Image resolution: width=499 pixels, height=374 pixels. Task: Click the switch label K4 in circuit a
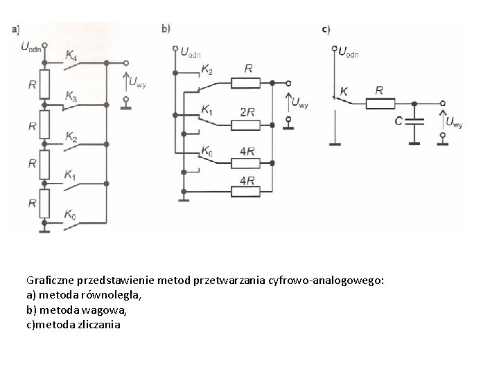pyautogui.click(x=71, y=54)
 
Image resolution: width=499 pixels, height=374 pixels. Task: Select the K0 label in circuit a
pyautogui.click(x=71, y=215)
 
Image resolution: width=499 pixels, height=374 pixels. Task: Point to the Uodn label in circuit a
pyautogui.click(x=30, y=48)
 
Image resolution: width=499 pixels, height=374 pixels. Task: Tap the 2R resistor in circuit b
pyautogui.click(x=246, y=125)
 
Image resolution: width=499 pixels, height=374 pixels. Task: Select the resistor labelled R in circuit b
pyautogui.click(x=246, y=82)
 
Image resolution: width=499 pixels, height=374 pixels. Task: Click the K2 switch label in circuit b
pyautogui.click(x=207, y=70)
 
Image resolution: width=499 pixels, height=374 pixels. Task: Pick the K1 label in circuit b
pyautogui.click(x=207, y=110)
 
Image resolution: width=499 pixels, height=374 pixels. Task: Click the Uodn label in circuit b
pyautogui.click(x=191, y=51)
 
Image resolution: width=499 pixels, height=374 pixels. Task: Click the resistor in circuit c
pyautogui.click(x=380, y=104)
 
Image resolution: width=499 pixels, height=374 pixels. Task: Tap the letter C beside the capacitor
pyautogui.click(x=399, y=121)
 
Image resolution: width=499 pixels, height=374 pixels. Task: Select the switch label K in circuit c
pyautogui.click(x=344, y=90)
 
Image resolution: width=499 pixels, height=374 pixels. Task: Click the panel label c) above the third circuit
pyautogui.click(x=325, y=29)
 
